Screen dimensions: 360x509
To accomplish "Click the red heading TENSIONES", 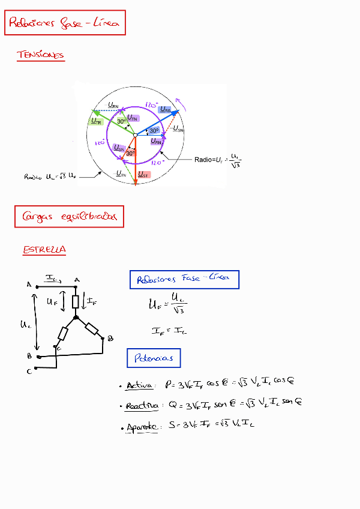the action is [41, 55].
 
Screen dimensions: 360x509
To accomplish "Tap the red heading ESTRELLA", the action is [44, 250].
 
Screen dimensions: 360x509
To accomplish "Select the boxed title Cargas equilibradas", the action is [69, 217].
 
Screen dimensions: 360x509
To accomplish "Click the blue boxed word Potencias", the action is [154, 358].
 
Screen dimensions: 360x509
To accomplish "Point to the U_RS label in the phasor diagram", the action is [166, 110].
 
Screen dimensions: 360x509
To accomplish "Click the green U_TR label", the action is [96, 122].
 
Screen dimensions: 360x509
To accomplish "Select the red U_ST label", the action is [143, 175].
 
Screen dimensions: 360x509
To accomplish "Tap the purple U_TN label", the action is [133, 118].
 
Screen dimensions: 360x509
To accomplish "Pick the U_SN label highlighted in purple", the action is [120, 148].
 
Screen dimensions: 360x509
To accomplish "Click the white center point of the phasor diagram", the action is [135, 135].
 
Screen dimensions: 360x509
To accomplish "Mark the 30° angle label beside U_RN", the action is [154, 130].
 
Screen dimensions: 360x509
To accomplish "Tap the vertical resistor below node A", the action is [76, 301].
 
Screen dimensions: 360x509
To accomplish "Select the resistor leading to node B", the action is [92, 328].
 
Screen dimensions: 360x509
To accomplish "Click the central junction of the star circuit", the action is [76, 317].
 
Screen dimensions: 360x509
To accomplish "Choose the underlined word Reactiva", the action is [142, 406].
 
